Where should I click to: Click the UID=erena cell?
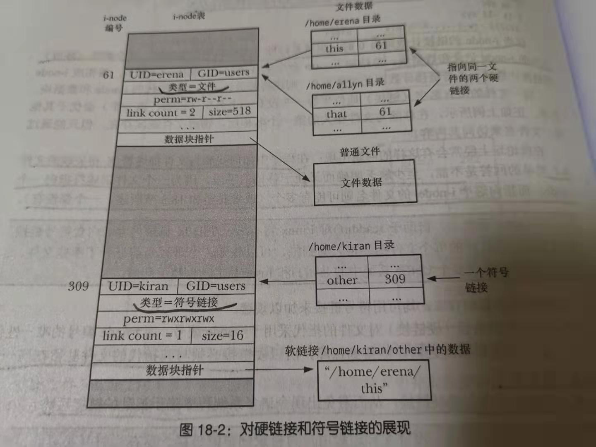(x=157, y=75)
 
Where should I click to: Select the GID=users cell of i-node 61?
(x=223, y=73)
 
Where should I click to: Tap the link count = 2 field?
(x=161, y=113)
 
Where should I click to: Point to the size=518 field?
(x=229, y=111)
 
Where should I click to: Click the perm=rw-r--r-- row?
(x=192, y=99)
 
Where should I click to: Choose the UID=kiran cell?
(x=138, y=286)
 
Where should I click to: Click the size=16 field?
(x=222, y=336)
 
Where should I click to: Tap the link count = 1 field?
(x=142, y=336)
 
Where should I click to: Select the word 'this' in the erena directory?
(x=334, y=49)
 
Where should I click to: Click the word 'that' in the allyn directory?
(x=336, y=114)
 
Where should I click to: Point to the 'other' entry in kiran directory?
(x=342, y=281)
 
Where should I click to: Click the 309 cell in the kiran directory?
(x=395, y=279)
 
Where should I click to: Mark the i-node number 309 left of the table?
(x=78, y=286)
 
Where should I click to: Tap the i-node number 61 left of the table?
(x=108, y=75)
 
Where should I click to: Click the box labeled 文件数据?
(x=365, y=183)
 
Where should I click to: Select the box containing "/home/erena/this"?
(x=374, y=380)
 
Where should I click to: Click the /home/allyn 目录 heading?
(x=345, y=84)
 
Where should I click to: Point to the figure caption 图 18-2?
(x=295, y=429)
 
